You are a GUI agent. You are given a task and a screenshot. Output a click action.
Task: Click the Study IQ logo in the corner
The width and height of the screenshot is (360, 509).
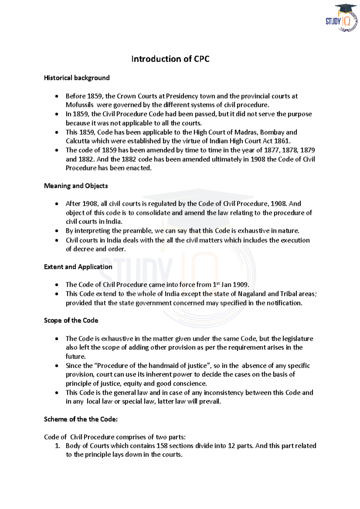click(342, 18)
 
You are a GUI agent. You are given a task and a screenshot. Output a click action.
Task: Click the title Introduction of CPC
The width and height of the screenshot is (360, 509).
click(170, 59)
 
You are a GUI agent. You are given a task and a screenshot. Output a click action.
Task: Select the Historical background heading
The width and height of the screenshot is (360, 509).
click(77, 78)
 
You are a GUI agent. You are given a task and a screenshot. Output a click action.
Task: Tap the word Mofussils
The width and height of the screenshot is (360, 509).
click(79, 105)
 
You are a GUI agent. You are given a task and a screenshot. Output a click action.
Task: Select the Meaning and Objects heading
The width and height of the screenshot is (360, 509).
click(76, 186)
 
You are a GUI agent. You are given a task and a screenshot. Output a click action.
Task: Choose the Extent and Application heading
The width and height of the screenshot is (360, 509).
click(78, 267)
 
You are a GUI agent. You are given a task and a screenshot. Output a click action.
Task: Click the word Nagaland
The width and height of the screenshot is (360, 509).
click(251, 294)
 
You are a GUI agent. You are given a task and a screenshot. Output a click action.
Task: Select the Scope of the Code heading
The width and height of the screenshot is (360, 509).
click(71, 320)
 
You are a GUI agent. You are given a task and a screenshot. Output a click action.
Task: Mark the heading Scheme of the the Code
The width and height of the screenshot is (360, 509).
click(81, 419)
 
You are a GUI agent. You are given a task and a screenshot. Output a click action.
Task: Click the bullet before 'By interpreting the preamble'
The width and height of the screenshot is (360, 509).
click(57, 231)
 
